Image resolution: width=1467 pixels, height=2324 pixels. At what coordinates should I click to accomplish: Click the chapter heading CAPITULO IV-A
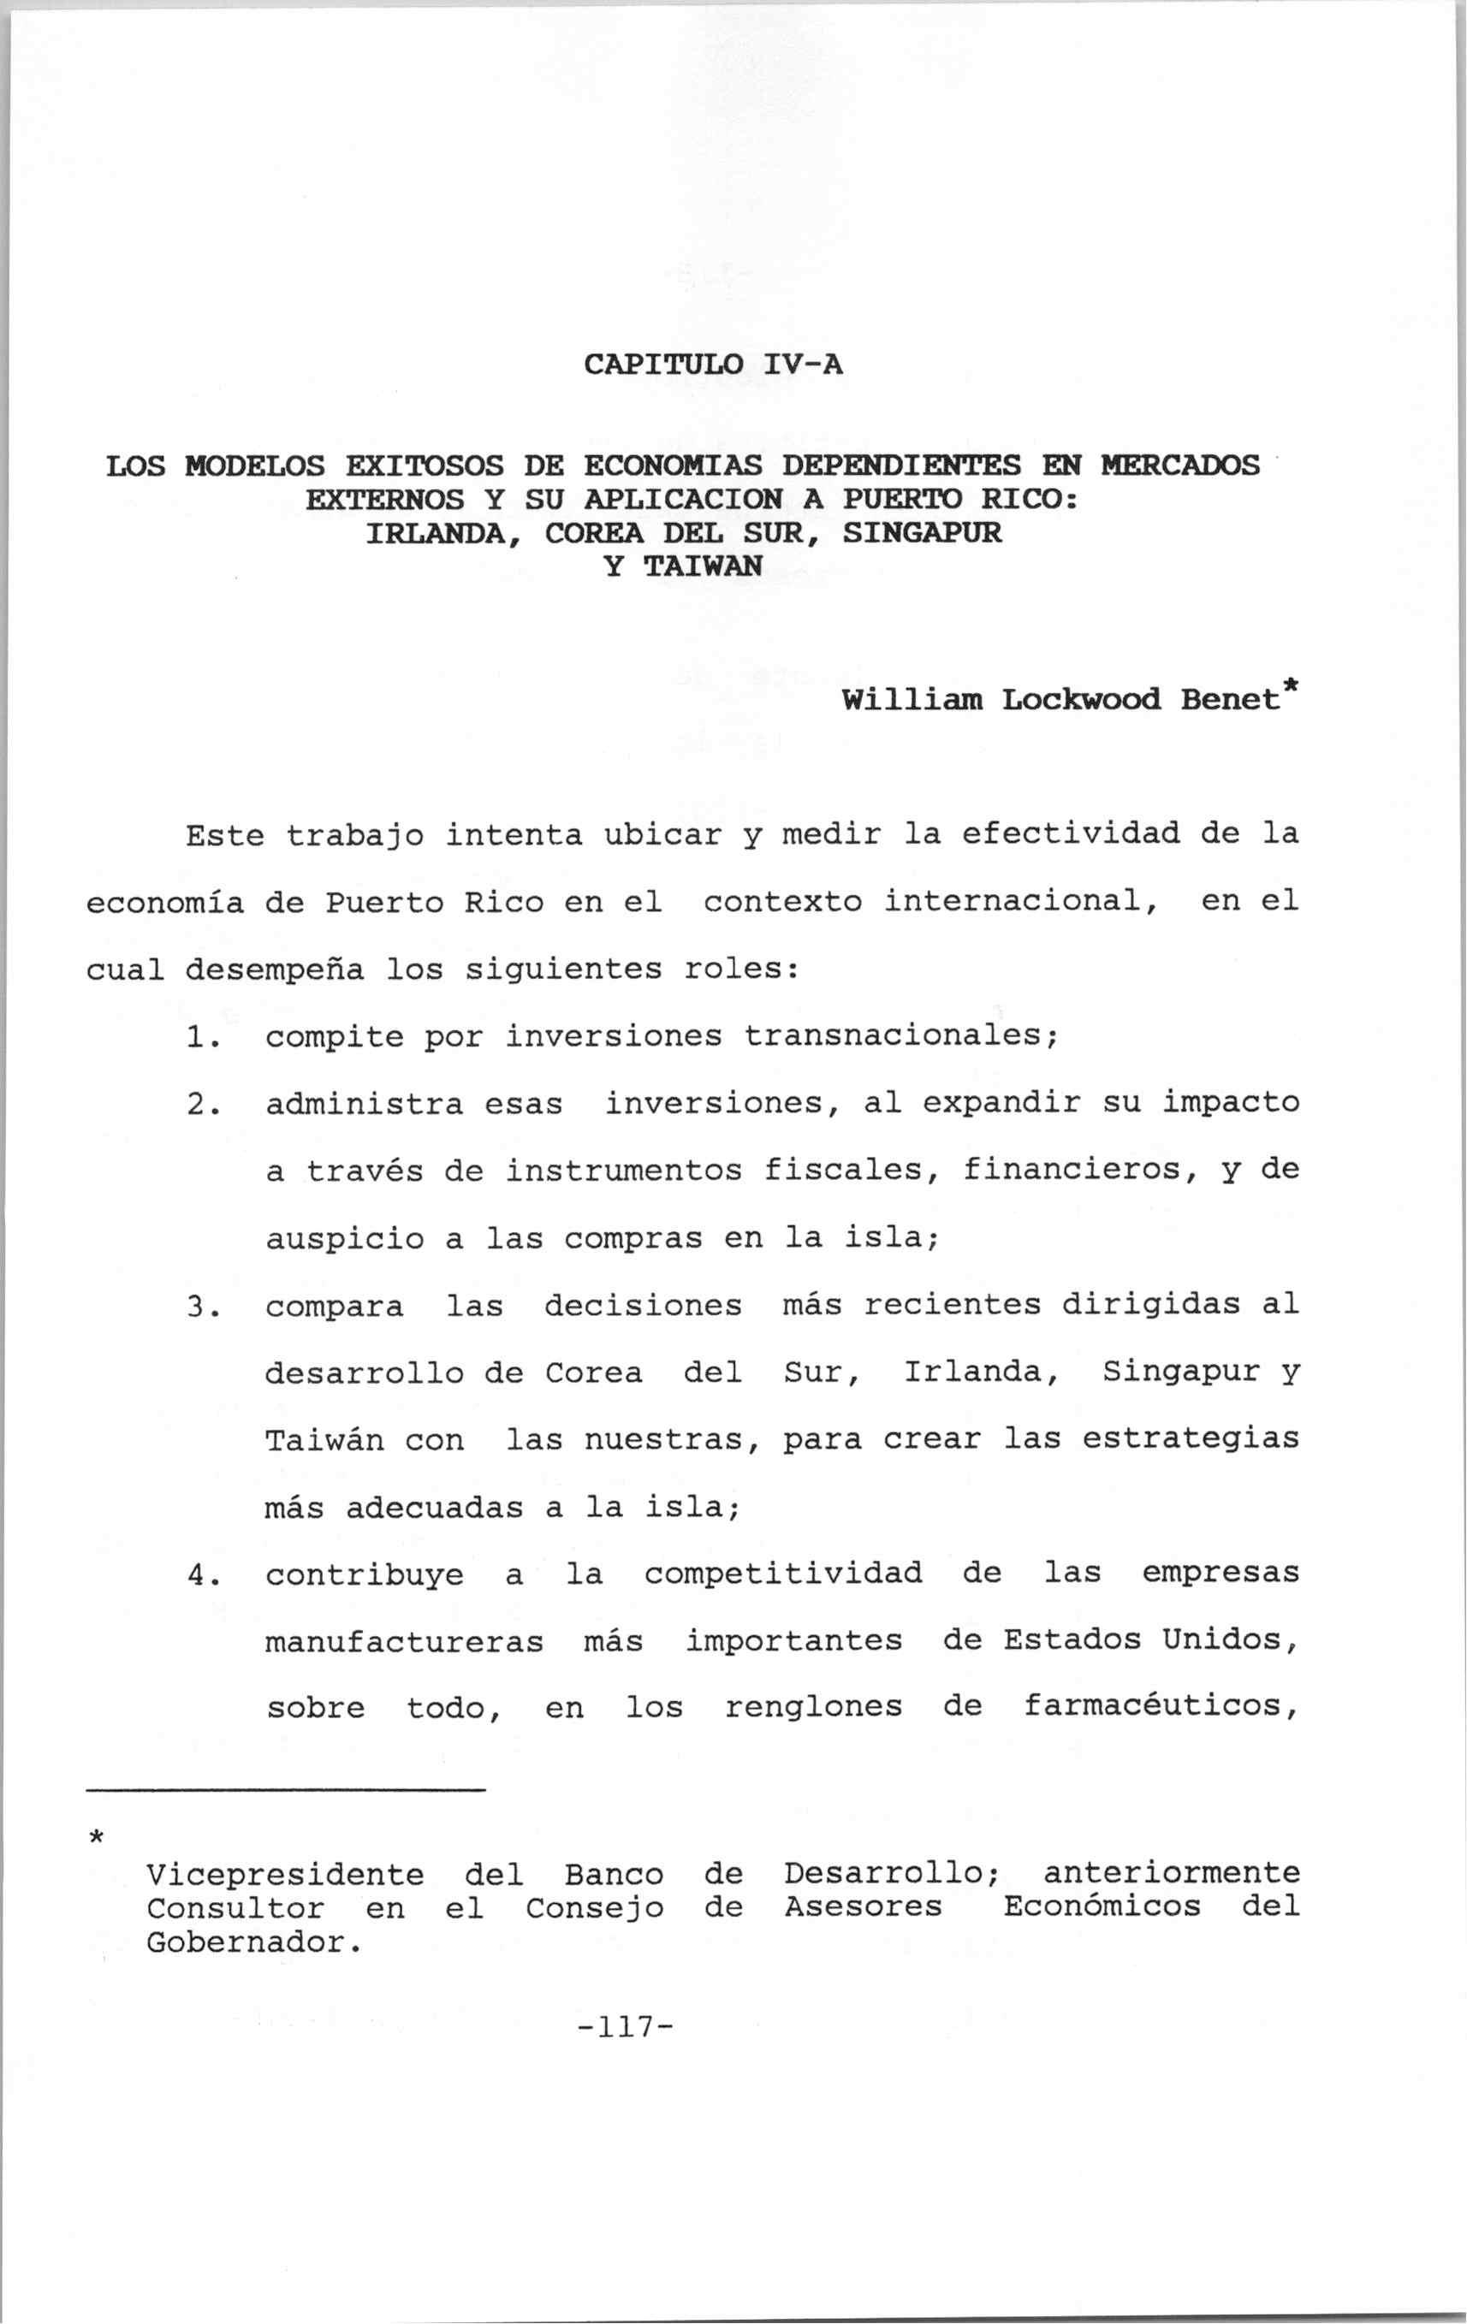tap(713, 365)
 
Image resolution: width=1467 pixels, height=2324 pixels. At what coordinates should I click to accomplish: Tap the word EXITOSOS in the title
tap(424, 466)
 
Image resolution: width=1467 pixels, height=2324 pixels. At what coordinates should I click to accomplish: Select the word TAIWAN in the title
tap(702, 566)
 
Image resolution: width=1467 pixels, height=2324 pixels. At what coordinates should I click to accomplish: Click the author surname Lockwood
tap(1081, 699)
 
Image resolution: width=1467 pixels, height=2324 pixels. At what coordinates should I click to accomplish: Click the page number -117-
tap(623, 2025)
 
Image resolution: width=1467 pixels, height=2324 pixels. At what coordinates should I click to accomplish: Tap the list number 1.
tap(199, 1036)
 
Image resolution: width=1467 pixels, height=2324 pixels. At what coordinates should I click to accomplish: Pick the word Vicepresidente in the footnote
tap(285, 1874)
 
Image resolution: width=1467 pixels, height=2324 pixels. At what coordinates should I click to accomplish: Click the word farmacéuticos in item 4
tap(1160, 1707)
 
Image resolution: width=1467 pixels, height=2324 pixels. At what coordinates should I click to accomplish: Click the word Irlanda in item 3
tap(976, 1372)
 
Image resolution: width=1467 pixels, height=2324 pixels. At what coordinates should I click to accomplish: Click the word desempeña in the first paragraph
tap(274, 969)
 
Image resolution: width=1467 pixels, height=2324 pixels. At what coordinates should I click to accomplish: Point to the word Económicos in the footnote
tap(1102, 1907)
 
